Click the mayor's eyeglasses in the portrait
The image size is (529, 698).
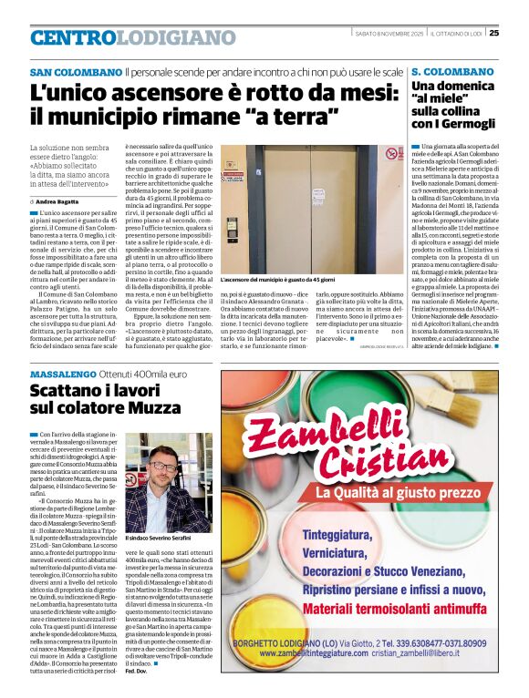point(161,467)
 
